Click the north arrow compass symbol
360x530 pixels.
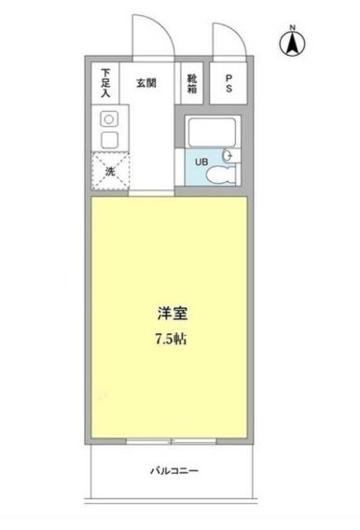tap(293, 43)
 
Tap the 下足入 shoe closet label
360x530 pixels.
tap(106, 82)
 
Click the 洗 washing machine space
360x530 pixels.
tap(108, 171)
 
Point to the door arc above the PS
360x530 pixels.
tap(228, 39)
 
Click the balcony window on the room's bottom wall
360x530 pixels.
tap(172, 439)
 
